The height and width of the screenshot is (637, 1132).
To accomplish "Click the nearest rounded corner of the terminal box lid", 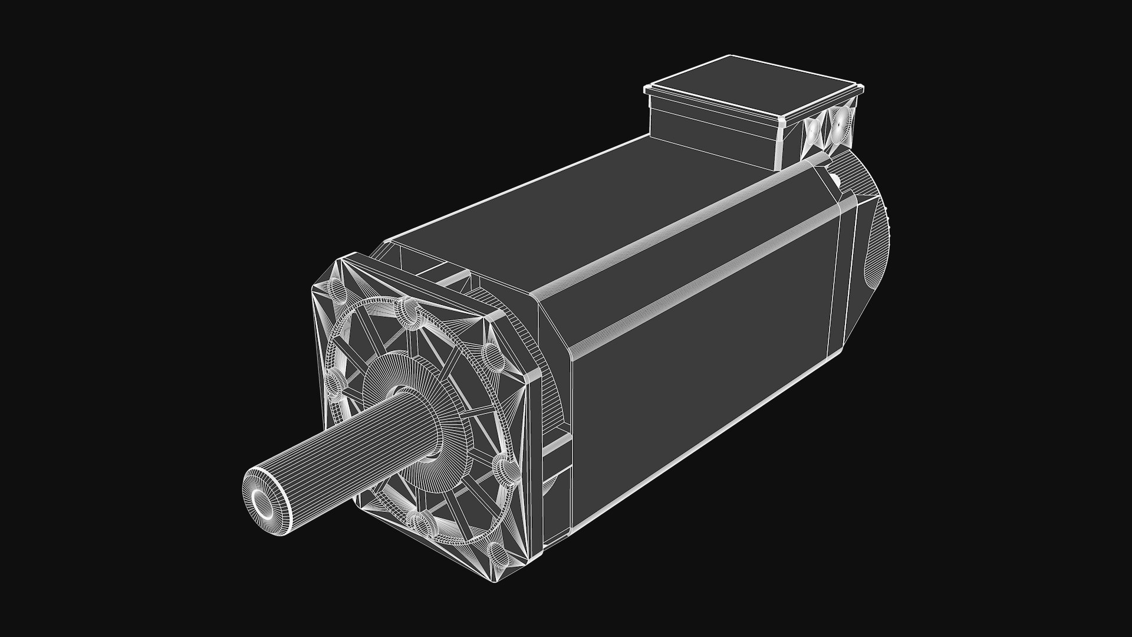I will click(x=781, y=122).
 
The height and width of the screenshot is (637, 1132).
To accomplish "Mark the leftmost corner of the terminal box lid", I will click(x=647, y=89).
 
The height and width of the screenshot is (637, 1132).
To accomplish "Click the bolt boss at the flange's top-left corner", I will click(x=336, y=292).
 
